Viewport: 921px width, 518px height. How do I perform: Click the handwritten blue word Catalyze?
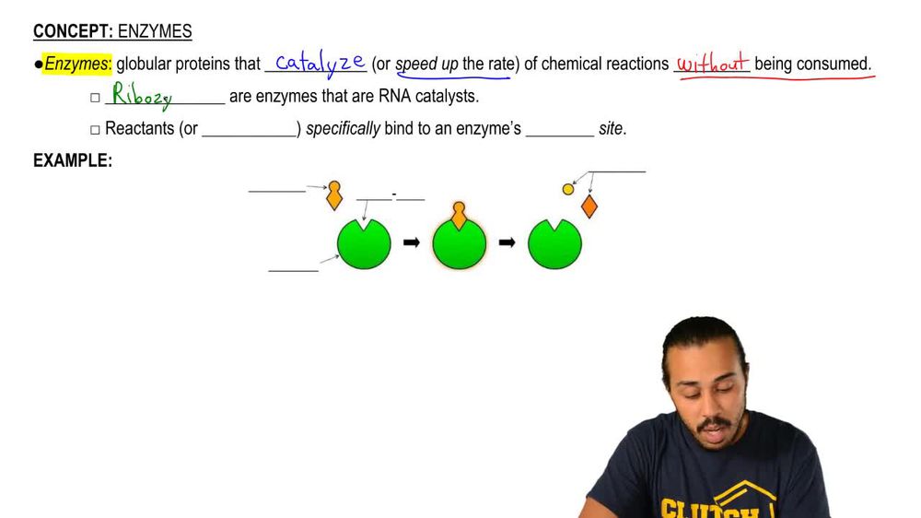point(321,63)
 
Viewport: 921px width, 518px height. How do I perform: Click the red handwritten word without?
point(712,65)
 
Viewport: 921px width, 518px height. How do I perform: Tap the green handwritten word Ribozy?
point(141,96)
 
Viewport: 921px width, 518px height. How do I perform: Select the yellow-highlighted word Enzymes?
point(77,65)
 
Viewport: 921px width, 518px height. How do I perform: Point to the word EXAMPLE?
point(72,160)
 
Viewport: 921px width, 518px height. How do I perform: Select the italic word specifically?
point(343,128)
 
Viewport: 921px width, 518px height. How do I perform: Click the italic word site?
point(611,128)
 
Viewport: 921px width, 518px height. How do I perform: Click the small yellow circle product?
point(568,189)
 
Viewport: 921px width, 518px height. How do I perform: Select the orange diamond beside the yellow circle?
point(589,206)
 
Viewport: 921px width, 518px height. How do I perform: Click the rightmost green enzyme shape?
point(554,245)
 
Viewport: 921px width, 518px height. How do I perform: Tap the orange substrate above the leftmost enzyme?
point(334,194)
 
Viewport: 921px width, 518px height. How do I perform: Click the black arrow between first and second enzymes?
point(411,242)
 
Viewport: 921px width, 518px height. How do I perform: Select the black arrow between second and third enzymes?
point(507,242)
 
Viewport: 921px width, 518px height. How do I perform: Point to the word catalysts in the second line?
point(448,96)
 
